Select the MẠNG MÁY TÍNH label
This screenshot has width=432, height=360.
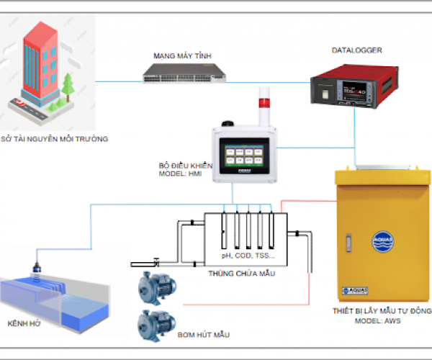[177, 55]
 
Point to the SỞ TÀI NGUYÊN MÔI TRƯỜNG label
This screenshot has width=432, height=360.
[54, 139]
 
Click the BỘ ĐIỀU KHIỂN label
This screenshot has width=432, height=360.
[186, 166]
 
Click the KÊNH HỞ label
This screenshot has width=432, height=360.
[24, 322]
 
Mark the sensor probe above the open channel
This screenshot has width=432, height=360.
[37, 267]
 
